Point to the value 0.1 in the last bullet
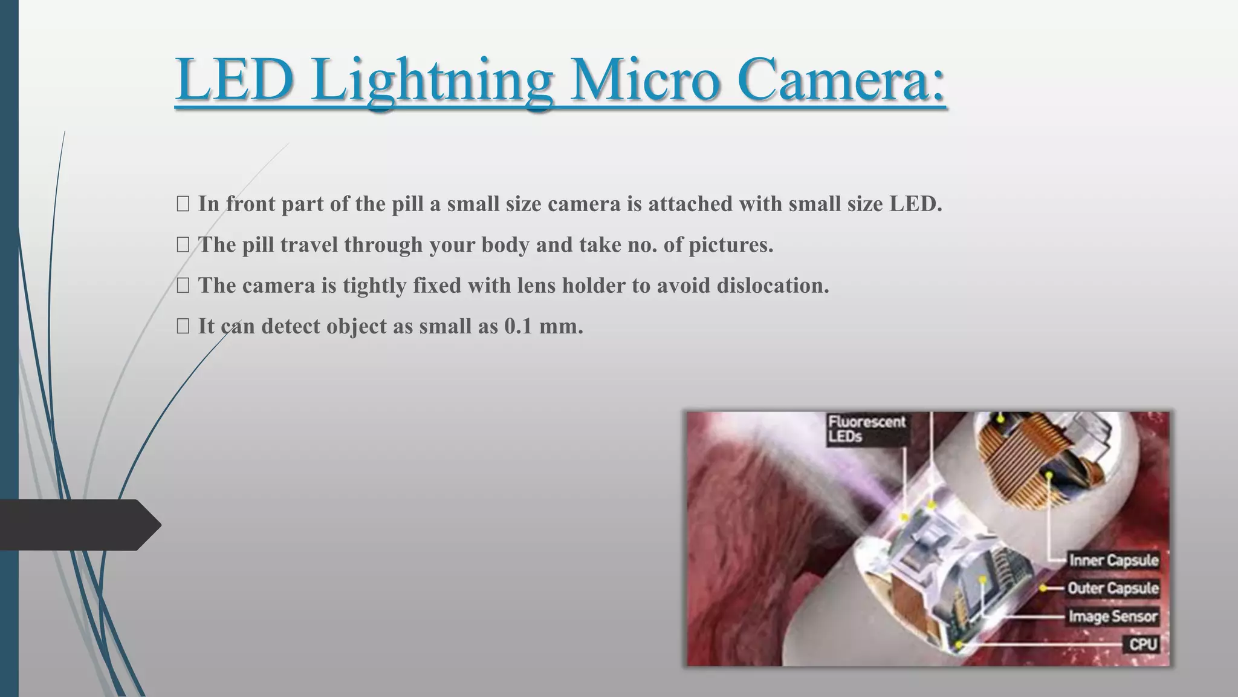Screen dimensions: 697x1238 pos(518,327)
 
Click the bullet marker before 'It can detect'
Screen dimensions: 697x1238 pos(183,327)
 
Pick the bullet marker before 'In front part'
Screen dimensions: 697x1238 pos(183,205)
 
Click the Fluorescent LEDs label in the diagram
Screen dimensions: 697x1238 pos(867,428)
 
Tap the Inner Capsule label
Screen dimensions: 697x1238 pos(1113,560)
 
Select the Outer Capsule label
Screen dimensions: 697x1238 pos(1113,588)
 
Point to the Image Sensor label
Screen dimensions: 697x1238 pos(1113,617)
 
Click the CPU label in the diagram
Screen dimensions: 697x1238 pos(1143,644)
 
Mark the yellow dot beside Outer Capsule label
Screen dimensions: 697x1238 pos(1044,588)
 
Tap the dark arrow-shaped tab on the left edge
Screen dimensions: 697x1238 pos(79,525)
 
